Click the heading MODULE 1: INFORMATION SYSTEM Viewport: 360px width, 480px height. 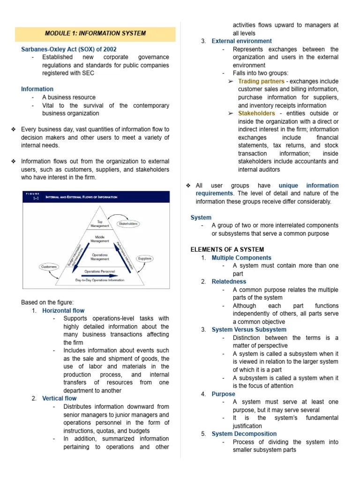[95, 33]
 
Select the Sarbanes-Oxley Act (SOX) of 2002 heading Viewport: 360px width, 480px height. [69, 49]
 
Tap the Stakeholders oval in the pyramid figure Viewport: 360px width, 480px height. [128, 224]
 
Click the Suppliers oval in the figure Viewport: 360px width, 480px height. [144, 258]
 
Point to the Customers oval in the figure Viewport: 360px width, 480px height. [49, 267]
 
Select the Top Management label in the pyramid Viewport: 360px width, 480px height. [100, 224]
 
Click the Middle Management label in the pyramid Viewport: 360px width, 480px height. [100, 240]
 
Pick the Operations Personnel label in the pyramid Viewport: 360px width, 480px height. [100, 271]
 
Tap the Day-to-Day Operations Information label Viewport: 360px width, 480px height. [100, 280]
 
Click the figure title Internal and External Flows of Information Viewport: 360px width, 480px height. [82, 197]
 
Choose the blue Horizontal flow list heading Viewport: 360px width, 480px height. [63, 311]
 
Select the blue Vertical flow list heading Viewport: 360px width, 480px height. [59, 398]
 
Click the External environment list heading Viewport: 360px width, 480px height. [241, 41]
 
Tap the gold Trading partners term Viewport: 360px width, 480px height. [261, 81]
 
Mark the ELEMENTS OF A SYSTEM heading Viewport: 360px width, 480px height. [227, 249]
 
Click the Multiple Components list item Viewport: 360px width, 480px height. [241, 258]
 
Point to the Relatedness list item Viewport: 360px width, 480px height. [229, 282]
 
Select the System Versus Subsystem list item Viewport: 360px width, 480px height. [249, 330]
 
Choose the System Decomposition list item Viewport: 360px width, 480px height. [244, 434]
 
